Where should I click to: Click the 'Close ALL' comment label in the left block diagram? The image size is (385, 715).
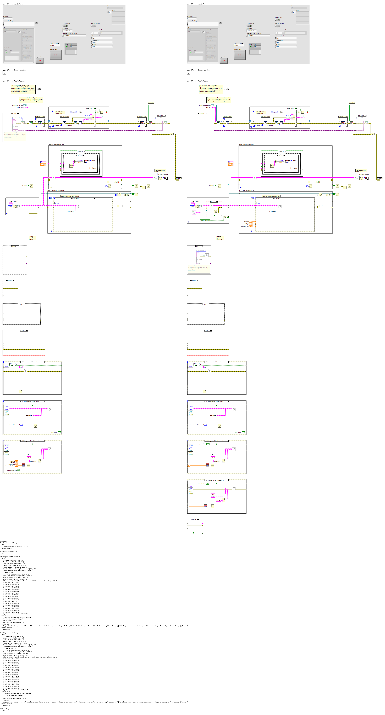[x=151, y=103]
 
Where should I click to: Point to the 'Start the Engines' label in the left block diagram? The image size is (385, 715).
[x=40, y=117]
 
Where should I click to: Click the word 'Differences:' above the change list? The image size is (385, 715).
[x=3, y=541]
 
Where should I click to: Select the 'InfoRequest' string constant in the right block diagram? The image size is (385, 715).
[x=272, y=211]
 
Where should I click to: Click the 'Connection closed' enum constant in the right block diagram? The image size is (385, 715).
[x=364, y=174]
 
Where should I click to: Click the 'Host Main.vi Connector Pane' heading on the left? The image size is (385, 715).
[x=14, y=70]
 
